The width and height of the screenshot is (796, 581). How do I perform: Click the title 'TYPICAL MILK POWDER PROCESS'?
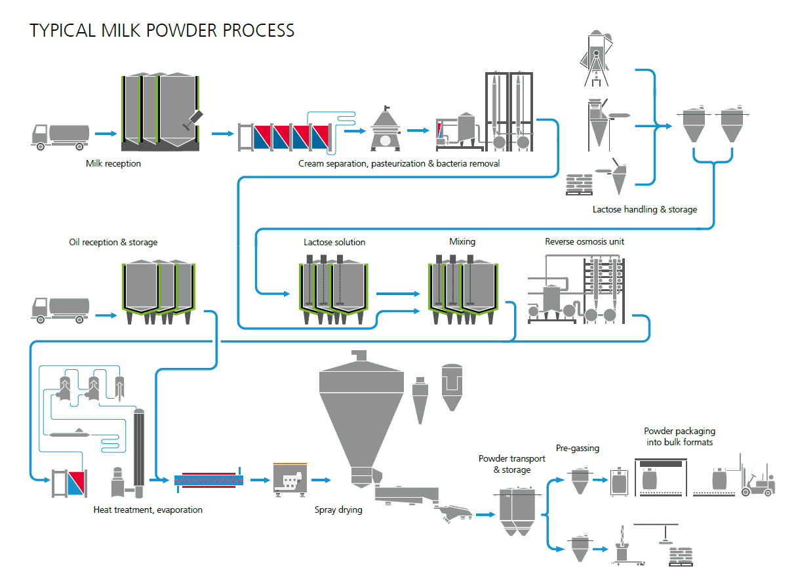tap(162, 30)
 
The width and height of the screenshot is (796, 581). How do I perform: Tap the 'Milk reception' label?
tap(113, 163)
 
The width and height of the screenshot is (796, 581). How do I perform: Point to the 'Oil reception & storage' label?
tap(113, 242)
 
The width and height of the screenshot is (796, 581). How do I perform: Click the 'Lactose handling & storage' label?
tap(645, 210)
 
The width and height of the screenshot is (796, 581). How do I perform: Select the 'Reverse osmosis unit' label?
tap(584, 241)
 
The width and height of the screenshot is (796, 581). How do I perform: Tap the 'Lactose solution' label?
tap(334, 242)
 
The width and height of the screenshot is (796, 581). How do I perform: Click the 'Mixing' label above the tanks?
tap(462, 241)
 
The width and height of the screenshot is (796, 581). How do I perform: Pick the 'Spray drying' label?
tap(338, 510)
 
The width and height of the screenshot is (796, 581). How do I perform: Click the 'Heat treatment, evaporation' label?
tap(148, 510)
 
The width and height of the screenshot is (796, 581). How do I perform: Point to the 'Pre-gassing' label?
tap(578, 449)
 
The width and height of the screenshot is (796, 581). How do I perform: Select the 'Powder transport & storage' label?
tap(511, 464)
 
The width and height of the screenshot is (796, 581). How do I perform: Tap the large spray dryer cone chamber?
tap(361, 413)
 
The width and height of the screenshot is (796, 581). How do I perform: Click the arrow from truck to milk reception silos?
tap(105, 134)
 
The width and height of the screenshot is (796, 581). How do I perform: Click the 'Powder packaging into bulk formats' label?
tap(679, 437)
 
